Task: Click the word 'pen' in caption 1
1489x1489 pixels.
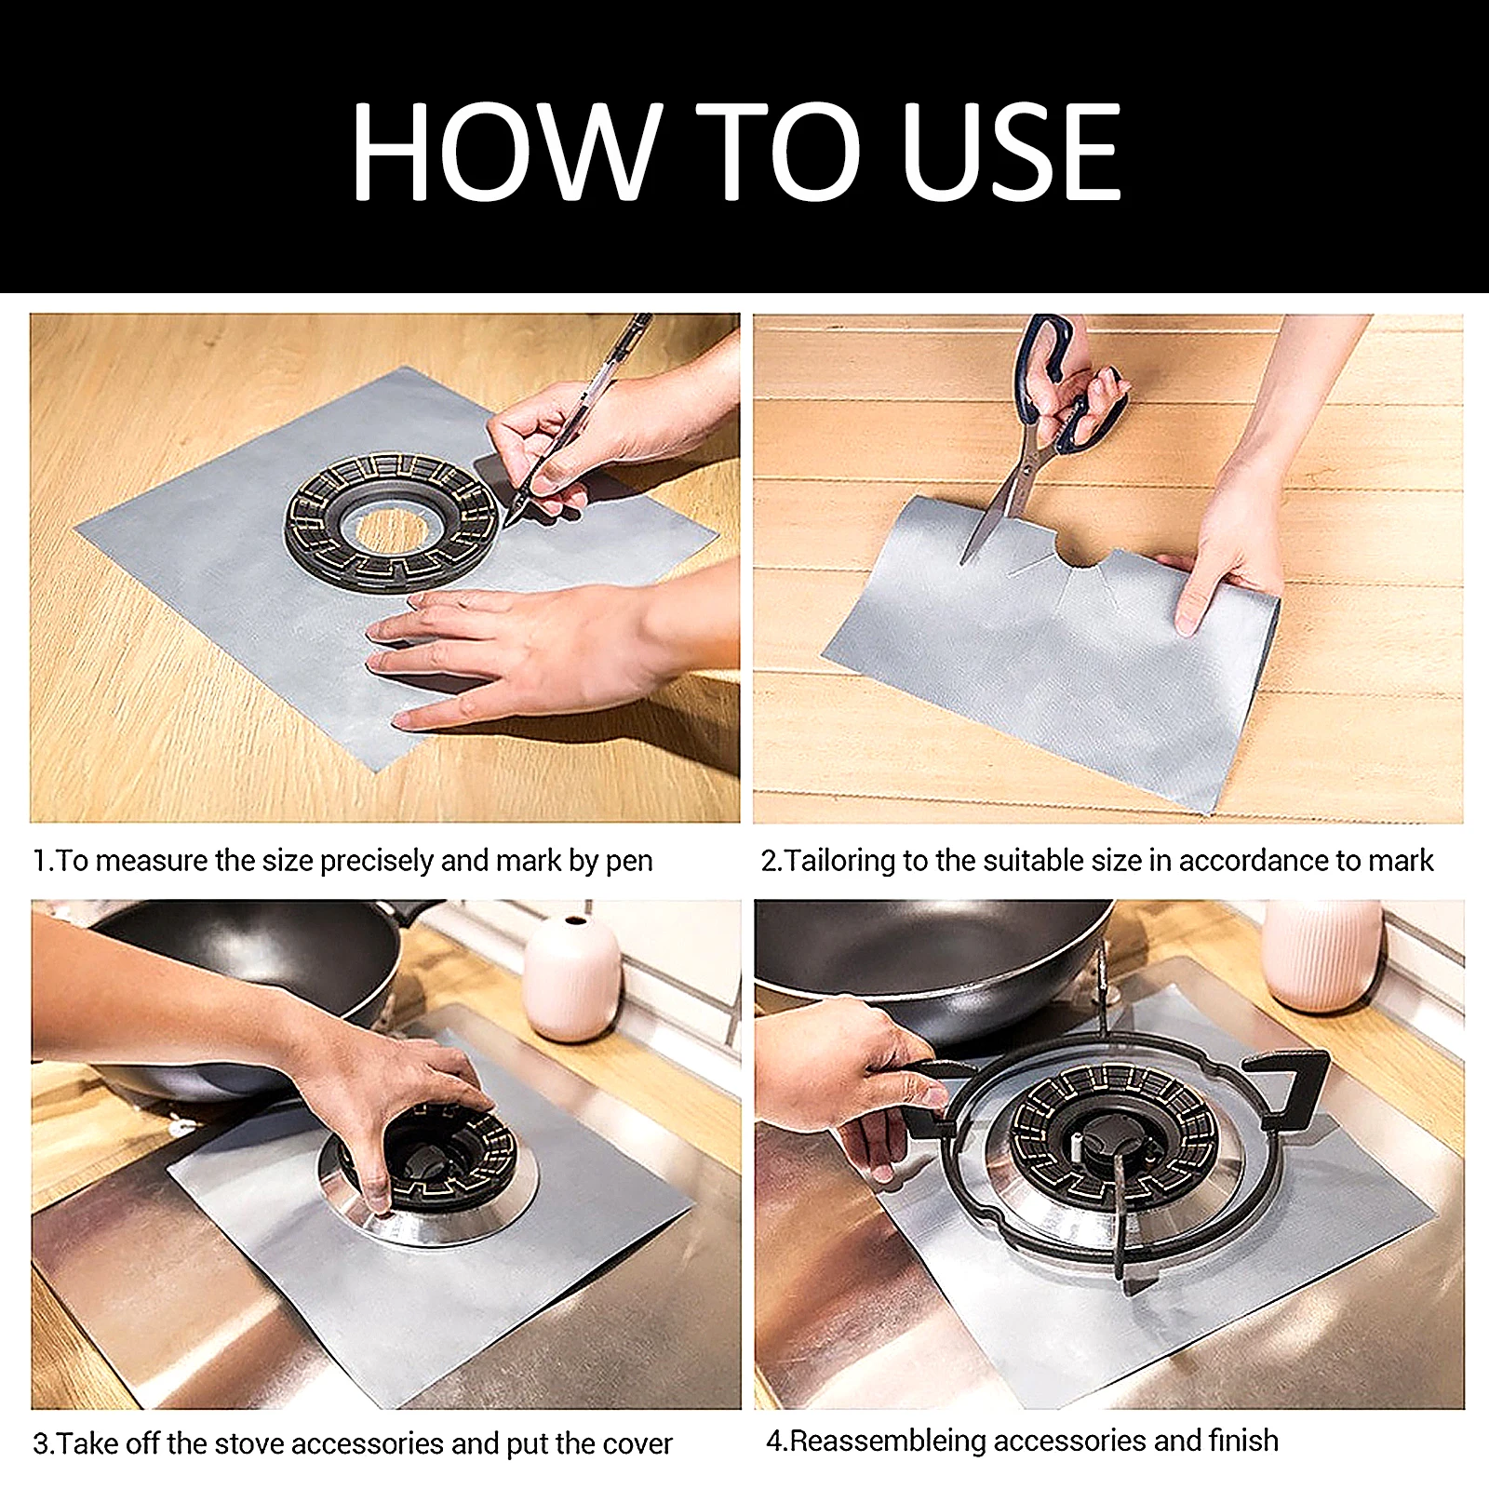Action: [629, 861]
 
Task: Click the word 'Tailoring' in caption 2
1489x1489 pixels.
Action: [840, 861]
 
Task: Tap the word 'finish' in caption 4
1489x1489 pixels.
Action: [1243, 1441]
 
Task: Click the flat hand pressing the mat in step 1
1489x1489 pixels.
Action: [521, 651]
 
